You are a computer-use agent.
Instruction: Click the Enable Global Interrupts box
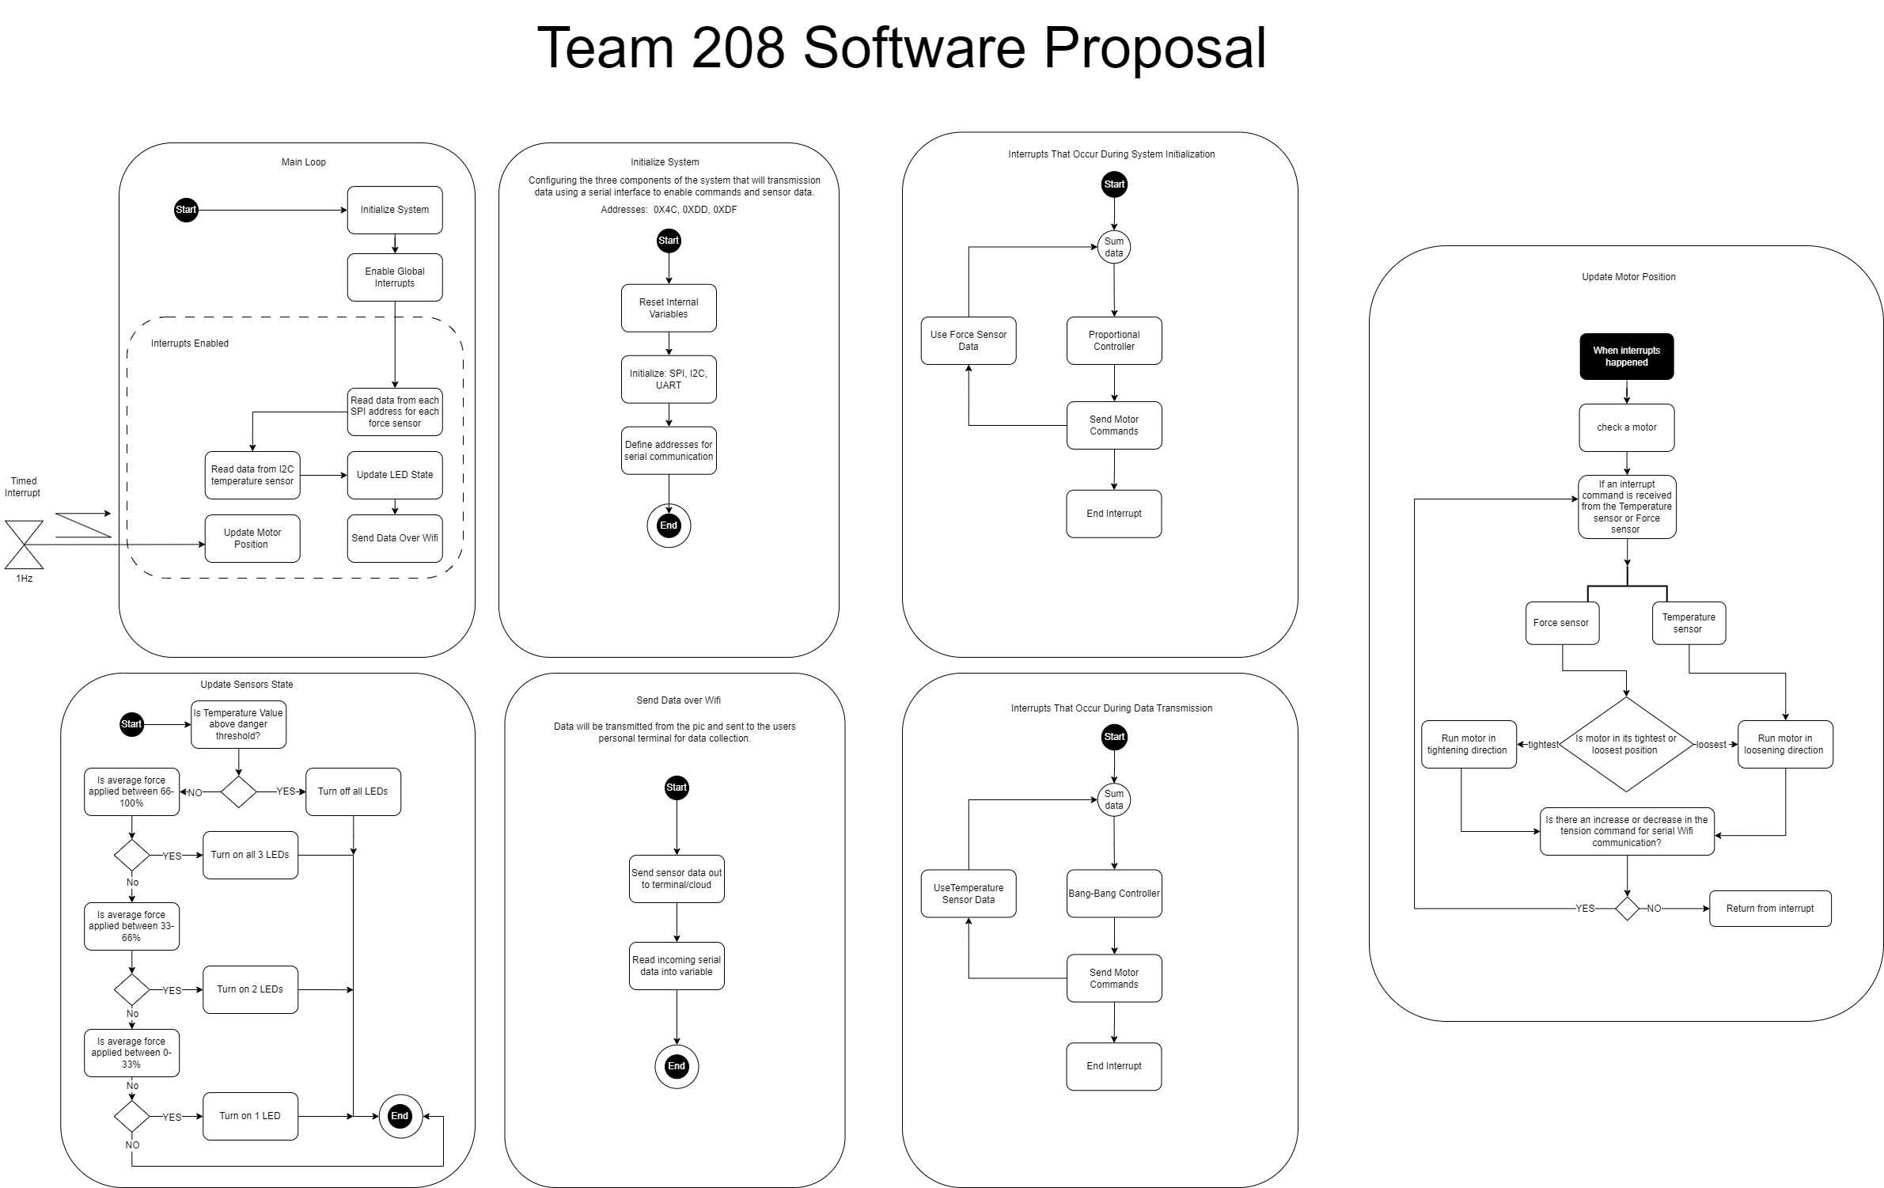[394, 277]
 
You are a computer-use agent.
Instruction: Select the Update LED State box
[394, 475]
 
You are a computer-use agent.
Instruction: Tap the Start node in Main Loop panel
[186, 210]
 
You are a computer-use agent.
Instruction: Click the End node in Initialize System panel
[669, 526]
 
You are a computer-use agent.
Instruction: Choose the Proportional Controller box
[1113, 340]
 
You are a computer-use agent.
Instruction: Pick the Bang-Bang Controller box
[1113, 894]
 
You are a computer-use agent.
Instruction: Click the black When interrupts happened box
[1626, 356]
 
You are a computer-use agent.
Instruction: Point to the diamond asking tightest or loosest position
[1625, 744]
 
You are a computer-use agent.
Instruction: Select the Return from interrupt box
[1769, 909]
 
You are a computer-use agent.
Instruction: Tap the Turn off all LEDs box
[353, 791]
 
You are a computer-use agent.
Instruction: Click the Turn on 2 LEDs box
[250, 989]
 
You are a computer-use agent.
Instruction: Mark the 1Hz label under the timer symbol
[24, 579]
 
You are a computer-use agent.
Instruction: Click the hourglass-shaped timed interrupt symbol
[24, 545]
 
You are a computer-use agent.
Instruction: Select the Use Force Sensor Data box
[968, 340]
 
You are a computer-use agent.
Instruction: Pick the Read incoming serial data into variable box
[677, 966]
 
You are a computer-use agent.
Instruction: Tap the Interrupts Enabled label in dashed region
[190, 343]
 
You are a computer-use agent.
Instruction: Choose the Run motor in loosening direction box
[1784, 744]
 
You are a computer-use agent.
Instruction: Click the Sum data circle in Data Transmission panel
[1113, 799]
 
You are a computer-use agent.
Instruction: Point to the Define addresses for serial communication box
[669, 450]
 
